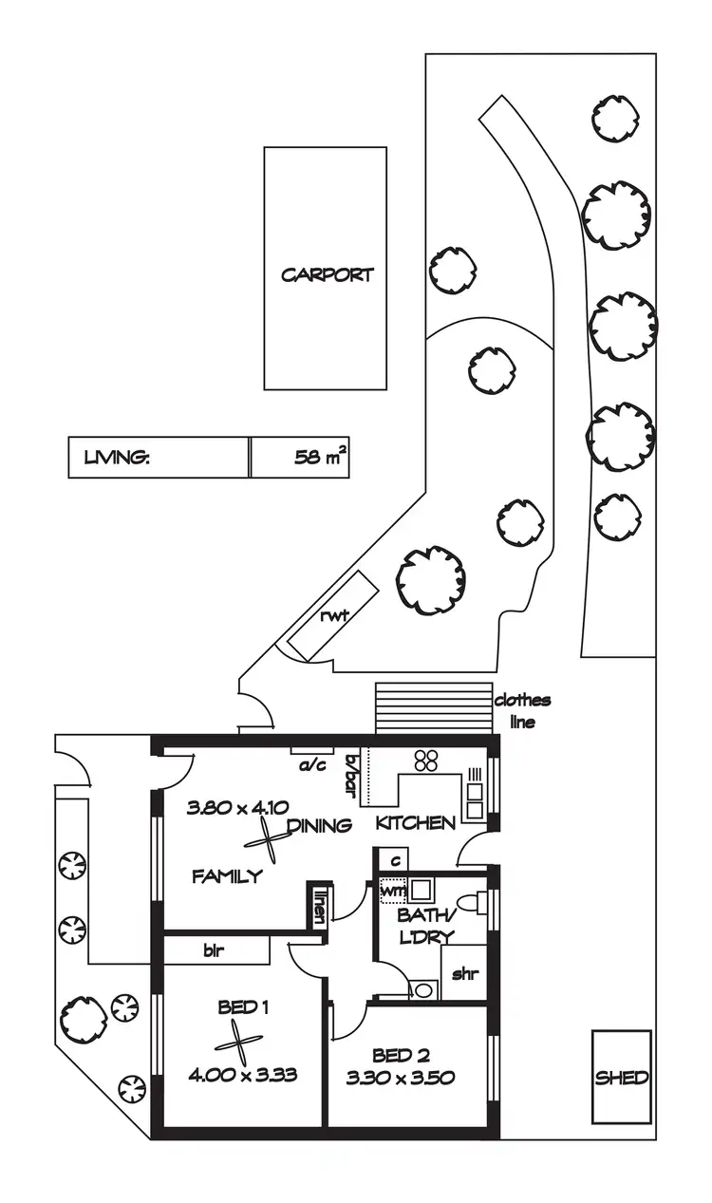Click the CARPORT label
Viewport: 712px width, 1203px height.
(328, 275)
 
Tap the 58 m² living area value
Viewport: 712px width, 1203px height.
(320, 458)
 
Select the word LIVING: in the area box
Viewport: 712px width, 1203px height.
(117, 458)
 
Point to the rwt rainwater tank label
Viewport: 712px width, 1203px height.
(335, 616)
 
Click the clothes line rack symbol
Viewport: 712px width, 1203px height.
(434, 707)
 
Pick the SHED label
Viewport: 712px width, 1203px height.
(622, 1078)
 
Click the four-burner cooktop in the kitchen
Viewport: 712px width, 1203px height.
(425, 760)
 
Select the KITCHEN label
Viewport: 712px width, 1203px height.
(416, 822)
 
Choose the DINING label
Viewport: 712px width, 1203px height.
(319, 825)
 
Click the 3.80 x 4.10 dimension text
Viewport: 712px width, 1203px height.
(231, 808)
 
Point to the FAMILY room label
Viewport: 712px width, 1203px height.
(227, 876)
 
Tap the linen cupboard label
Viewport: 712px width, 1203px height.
(320, 906)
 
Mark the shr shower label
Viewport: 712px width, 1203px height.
(463, 974)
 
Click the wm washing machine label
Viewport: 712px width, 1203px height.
(392, 892)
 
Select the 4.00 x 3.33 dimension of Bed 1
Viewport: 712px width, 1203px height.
(243, 1076)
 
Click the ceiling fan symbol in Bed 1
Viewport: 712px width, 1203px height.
(237, 1043)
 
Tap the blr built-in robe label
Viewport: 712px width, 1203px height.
(213, 950)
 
